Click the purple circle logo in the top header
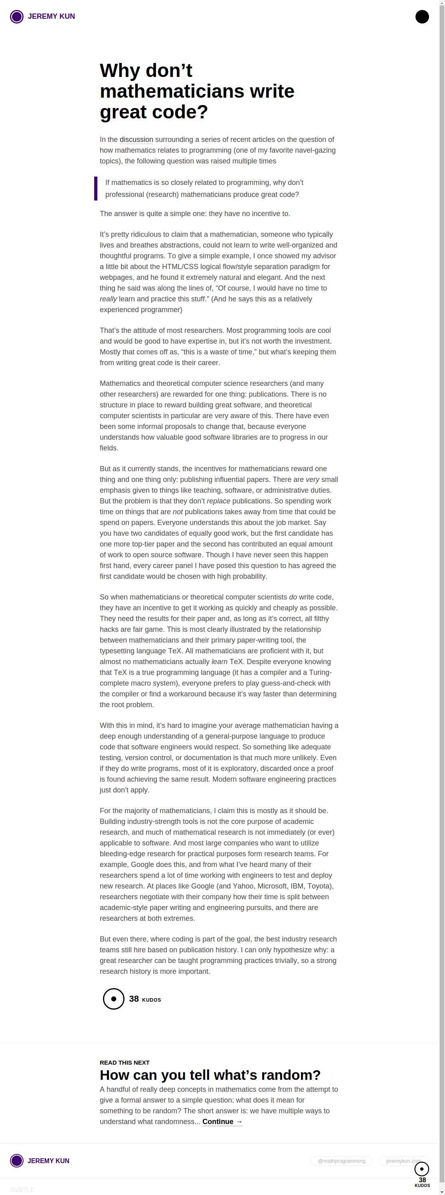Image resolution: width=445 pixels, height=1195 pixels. [x=17, y=17]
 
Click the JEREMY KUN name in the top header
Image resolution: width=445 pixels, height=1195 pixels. [x=51, y=16]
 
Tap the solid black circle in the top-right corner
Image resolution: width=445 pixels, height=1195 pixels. [x=422, y=17]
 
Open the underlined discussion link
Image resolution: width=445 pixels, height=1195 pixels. [x=136, y=140]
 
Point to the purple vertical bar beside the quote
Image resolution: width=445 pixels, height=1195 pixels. [x=96, y=189]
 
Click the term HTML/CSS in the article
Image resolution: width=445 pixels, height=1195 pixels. [x=180, y=267]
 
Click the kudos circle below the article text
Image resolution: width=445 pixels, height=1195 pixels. [x=113, y=999]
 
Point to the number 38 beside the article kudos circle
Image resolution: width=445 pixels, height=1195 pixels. [x=134, y=999]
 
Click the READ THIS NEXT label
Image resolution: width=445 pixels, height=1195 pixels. [x=125, y=1062]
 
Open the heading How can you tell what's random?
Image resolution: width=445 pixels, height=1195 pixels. [x=210, y=1075]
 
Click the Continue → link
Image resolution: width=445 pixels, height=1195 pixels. [x=222, y=1122]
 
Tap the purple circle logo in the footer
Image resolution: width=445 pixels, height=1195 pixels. [x=17, y=1161]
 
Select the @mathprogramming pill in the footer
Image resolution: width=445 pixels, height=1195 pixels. [x=341, y=1161]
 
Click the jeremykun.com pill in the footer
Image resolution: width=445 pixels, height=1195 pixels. [x=402, y=1161]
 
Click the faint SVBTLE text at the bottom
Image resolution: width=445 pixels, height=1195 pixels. [x=22, y=1190]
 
